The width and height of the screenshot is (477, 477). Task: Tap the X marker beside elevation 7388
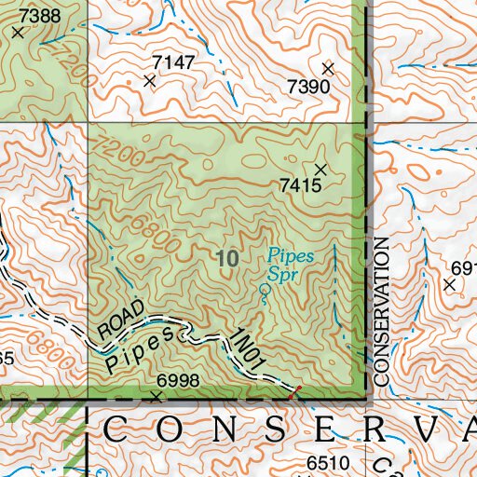(x=18, y=32)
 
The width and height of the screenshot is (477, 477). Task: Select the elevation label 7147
(x=173, y=62)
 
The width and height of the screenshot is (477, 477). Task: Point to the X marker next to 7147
(x=149, y=81)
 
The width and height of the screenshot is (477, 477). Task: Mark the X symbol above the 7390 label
(x=327, y=68)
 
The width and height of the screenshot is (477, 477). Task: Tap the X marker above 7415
(x=320, y=169)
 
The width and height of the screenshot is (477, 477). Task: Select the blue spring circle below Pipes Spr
(x=265, y=291)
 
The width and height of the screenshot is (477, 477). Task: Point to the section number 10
(x=226, y=259)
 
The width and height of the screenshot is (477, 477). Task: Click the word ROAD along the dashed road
(x=121, y=320)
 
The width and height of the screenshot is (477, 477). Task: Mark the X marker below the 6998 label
(x=156, y=396)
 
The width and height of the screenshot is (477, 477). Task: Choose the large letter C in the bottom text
(x=115, y=430)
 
